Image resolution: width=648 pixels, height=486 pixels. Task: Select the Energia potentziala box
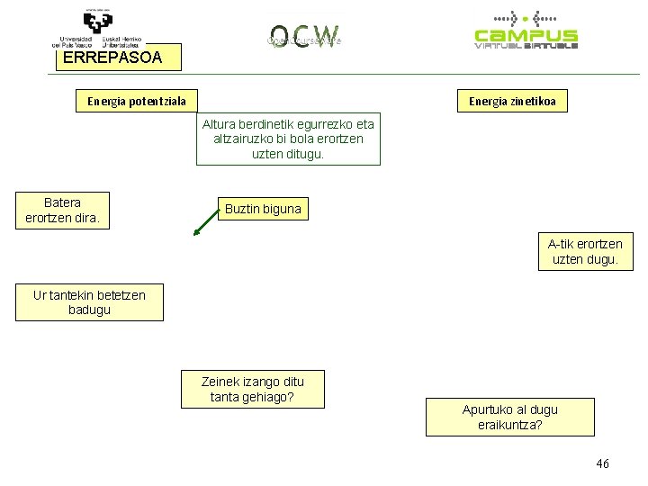(136, 102)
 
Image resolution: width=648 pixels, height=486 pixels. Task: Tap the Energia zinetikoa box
(511, 102)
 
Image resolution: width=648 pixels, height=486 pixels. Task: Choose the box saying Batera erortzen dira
(62, 211)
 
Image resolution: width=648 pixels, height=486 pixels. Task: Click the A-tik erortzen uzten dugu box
(584, 251)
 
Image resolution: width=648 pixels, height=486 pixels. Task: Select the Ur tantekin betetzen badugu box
(89, 302)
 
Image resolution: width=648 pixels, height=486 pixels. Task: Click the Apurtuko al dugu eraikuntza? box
(509, 417)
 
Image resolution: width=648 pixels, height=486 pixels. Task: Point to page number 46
(602, 463)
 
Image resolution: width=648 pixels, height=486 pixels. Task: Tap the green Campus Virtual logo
(526, 31)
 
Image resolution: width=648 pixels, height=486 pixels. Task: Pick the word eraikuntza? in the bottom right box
(510, 424)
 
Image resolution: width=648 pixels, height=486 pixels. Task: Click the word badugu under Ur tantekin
(89, 310)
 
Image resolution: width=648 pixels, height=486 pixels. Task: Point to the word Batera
(62, 202)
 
